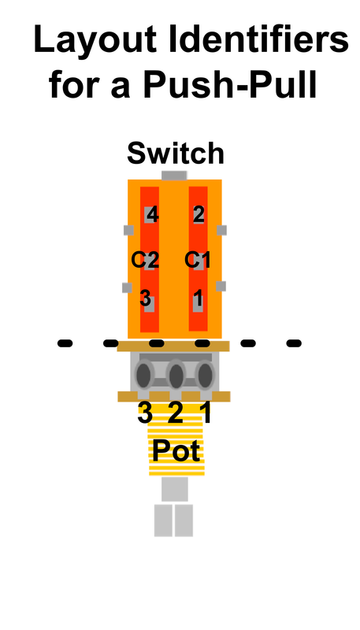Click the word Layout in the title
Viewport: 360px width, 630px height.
95,40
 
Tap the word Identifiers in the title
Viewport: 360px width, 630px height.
258,39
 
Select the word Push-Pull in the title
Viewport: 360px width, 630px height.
230,85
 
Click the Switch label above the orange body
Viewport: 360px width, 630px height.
176,153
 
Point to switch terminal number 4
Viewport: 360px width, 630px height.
152,215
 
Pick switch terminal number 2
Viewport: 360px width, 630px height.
199,215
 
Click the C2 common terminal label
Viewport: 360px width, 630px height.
145,260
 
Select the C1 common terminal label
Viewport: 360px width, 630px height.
198,260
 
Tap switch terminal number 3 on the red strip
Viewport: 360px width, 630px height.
145,298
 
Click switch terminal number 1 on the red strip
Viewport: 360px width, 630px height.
198,298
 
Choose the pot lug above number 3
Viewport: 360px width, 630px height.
144,376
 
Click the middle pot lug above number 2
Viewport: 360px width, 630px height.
176,376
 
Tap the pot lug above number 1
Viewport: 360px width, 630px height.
206,376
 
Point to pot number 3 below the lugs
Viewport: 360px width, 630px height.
145,413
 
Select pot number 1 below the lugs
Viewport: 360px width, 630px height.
206,413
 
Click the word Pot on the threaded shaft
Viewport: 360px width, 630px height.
176,450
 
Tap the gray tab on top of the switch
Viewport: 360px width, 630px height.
174,176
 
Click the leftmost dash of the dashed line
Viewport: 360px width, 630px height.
65,343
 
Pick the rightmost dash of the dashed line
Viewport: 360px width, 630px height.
294,343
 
